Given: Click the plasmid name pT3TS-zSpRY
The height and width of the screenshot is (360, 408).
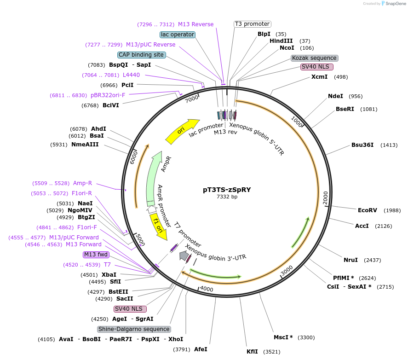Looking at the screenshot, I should pos(227,189).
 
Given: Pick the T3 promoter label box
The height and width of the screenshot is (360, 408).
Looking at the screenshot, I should pos(252,24).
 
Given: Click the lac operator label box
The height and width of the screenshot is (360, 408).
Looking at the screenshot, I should pos(178,35).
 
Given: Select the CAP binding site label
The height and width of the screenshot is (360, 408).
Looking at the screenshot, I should pos(141,55).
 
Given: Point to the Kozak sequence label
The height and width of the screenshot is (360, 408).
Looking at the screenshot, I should pos(315,58).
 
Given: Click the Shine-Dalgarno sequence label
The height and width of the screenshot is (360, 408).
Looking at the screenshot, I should pos(134,329).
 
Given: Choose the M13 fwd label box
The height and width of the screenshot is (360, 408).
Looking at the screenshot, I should pos(96,255).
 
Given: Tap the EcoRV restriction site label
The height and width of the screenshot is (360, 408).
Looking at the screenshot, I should pos(367,210).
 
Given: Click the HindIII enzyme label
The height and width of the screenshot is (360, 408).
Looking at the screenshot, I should pos(281,41).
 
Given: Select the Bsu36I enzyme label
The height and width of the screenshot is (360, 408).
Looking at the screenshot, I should pos(362,145).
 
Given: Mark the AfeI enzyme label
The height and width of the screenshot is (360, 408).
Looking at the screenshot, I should pos(201,349).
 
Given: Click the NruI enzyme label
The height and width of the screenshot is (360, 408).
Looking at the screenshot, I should pos(351,260).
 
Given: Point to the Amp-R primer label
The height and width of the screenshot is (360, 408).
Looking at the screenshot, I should pos(82,183).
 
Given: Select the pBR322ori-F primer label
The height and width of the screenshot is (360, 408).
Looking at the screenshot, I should pos(108,95).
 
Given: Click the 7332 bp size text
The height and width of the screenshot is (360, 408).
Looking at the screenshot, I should pos(227,197).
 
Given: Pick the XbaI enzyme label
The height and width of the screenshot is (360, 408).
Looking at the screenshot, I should pos(109,275).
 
